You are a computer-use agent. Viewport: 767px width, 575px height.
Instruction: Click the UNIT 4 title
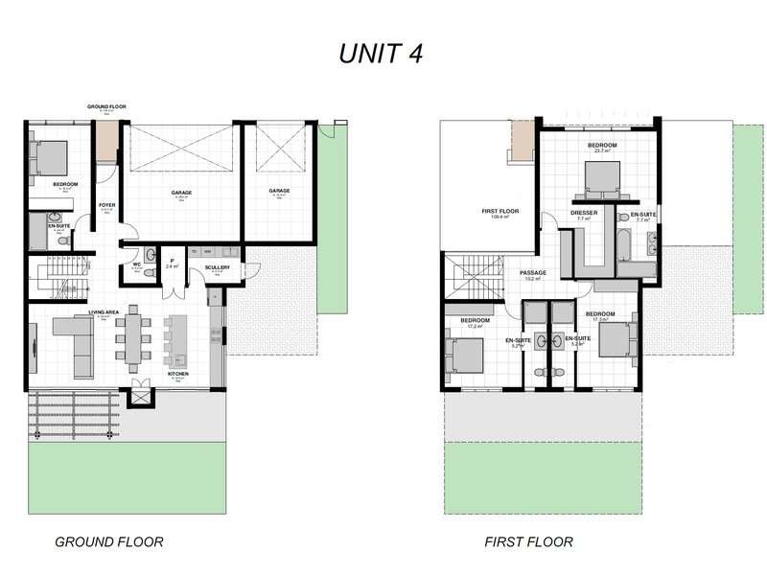[x=381, y=54]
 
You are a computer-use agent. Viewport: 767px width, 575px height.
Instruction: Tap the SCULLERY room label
[x=217, y=267]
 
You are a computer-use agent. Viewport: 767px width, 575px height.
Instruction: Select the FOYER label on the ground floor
[x=107, y=205]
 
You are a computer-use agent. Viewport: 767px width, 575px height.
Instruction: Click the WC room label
[x=137, y=264]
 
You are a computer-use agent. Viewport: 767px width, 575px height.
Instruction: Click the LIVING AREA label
[x=104, y=311]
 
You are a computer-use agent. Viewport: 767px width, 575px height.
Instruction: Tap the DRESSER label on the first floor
[x=584, y=213]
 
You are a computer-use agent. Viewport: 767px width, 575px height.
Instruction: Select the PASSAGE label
[x=533, y=273]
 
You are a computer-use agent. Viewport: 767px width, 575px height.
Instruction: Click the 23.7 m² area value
[x=603, y=150]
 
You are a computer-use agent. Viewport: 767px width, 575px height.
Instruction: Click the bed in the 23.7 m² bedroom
[x=602, y=177]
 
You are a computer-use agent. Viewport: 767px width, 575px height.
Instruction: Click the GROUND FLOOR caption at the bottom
[x=108, y=541]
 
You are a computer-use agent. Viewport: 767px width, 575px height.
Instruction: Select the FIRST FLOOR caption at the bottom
[x=529, y=541]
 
